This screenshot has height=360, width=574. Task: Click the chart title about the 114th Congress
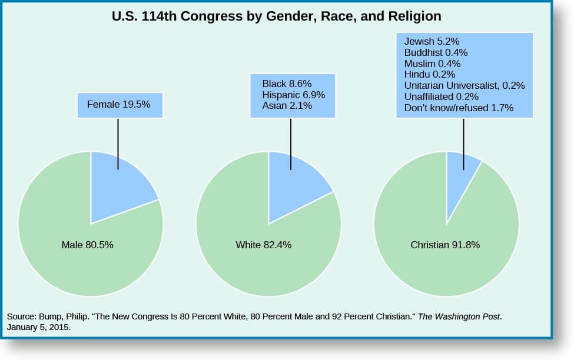(277, 16)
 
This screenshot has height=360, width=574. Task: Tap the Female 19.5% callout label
(119, 105)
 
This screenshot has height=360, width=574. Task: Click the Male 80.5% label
(87, 245)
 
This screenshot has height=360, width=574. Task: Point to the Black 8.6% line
(287, 84)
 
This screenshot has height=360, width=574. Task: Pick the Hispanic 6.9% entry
(293, 95)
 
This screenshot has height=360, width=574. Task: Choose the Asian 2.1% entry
(287, 106)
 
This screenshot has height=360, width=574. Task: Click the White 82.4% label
(263, 245)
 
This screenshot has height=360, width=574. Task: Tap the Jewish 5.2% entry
(432, 41)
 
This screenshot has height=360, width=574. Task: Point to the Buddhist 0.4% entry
(436, 52)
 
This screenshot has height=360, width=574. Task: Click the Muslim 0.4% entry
(432, 64)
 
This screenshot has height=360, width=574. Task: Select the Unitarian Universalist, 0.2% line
(464, 86)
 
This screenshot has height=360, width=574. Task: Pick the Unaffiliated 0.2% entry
(441, 96)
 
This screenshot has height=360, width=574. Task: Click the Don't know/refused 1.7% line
(459, 108)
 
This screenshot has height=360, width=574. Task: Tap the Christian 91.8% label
(445, 245)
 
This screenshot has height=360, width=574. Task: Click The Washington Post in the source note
(460, 316)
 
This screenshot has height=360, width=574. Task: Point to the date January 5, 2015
(39, 328)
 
